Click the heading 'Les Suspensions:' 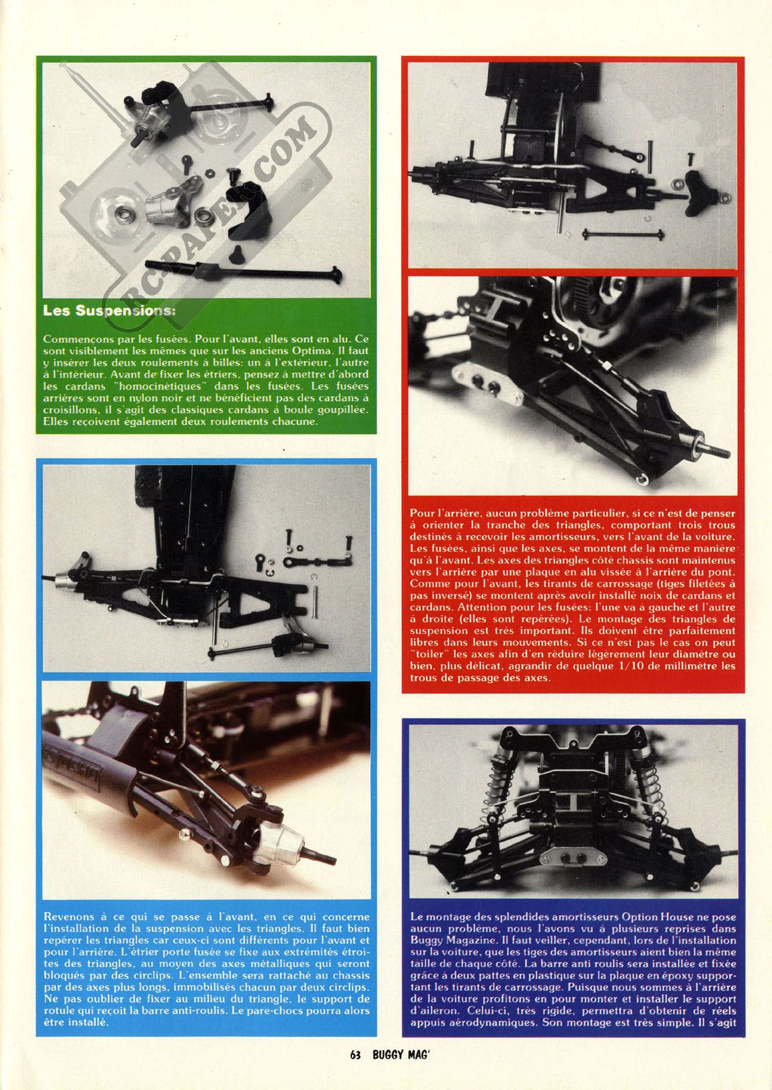pyautogui.click(x=109, y=311)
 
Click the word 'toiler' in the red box pyautogui.click(x=427, y=654)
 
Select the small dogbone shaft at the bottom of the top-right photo pyautogui.click(x=623, y=234)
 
